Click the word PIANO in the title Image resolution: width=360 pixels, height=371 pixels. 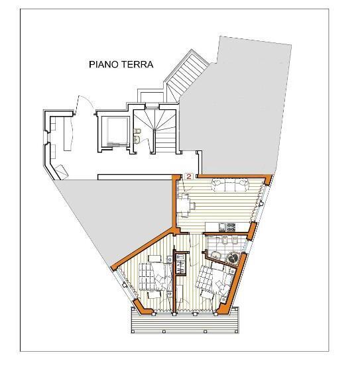104,65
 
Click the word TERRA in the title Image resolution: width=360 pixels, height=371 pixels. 137,65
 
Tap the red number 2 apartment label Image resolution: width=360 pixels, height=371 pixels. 189,177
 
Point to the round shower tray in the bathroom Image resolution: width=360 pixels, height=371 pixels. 232,257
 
